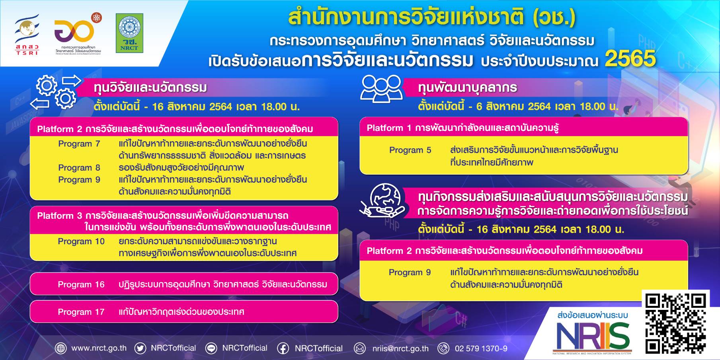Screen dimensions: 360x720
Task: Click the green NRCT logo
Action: tap(129, 33)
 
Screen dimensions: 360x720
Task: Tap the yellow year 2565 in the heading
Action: tap(630, 59)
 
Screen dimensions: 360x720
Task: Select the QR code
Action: tap(676, 324)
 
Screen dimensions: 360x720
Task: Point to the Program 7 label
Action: tap(79, 144)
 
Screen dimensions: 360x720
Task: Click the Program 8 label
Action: tap(79, 167)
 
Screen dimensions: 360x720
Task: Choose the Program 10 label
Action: tap(81, 241)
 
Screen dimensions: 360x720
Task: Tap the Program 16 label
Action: tap(81, 284)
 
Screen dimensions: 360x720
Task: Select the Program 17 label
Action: tap(81, 312)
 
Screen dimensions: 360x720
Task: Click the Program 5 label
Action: tap(410, 150)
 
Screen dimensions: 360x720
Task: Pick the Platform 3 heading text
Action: tap(184, 221)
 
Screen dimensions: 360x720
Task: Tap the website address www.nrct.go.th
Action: tap(99, 348)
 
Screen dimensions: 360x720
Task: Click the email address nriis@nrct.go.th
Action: tap(400, 348)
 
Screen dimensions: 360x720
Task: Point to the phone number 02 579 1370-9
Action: tap(481, 348)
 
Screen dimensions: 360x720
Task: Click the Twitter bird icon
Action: tap(140, 348)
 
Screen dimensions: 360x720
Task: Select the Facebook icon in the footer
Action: tap(283, 348)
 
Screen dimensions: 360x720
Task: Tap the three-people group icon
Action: tap(381, 89)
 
